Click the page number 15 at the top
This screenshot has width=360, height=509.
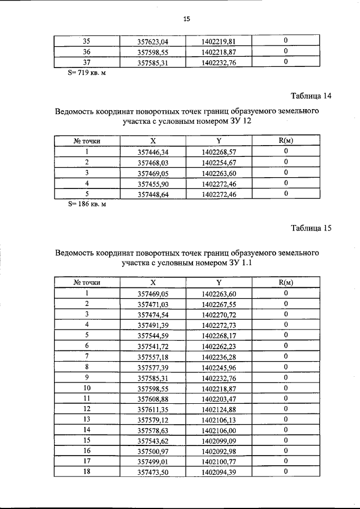[187, 19]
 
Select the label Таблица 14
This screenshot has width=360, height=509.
[311, 96]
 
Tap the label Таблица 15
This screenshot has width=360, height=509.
[311, 228]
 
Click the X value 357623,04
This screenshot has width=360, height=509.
[153, 40]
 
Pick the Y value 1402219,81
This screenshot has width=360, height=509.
[218, 40]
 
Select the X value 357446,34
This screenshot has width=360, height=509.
[153, 151]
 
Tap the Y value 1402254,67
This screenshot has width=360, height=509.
[218, 162]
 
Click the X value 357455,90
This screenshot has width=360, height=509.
[153, 183]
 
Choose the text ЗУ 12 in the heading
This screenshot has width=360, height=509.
[240, 121]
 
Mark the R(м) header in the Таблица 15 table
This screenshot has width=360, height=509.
[286, 283]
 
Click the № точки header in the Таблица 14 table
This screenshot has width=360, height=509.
[87, 141]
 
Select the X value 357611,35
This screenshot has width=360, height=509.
[153, 408]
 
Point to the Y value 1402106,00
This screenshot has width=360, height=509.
[218, 429]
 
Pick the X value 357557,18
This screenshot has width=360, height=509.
[153, 357]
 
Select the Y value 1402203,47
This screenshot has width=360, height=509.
[218, 398]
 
